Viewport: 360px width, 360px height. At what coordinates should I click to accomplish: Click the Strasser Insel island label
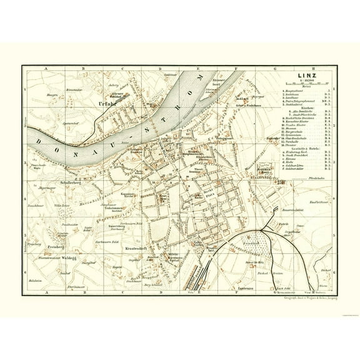[219, 81]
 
